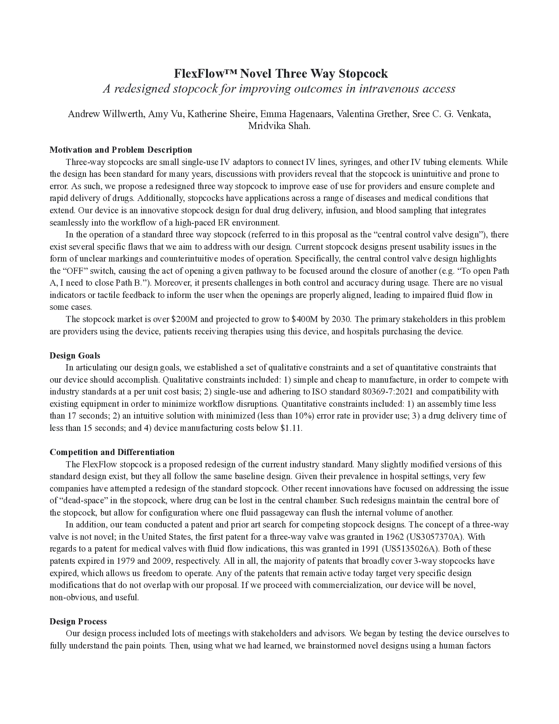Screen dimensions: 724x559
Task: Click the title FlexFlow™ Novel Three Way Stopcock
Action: (281, 73)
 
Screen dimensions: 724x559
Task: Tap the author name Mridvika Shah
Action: (279, 126)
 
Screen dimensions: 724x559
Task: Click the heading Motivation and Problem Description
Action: (121, 150)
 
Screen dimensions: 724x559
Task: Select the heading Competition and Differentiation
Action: (112, 452)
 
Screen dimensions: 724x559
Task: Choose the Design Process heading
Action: (78, 621)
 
